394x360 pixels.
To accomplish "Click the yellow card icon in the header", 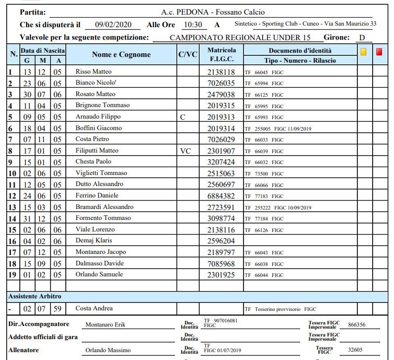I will pos(364,52).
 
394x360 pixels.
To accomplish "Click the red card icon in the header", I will pos(379,52).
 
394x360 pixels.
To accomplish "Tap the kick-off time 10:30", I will pos(192,25).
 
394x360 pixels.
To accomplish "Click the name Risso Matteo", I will pos(94,72).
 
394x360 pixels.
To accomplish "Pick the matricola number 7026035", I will pos(221,83).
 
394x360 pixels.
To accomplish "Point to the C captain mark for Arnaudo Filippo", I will pos(182,117).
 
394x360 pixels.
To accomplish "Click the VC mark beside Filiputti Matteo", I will pos(186,150).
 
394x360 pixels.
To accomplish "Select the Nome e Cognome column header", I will pos(121,54).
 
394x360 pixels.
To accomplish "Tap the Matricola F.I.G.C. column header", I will pos(222,54).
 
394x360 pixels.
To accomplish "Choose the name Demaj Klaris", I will pos(92,241).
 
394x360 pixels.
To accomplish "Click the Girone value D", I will pos(362,38).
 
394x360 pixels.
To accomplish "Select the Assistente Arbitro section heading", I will pos(34,296).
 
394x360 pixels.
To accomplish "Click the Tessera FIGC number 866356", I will pos(356,324).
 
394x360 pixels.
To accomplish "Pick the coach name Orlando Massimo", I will pos(108,350).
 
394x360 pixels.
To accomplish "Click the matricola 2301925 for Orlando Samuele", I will pos(221,275).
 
